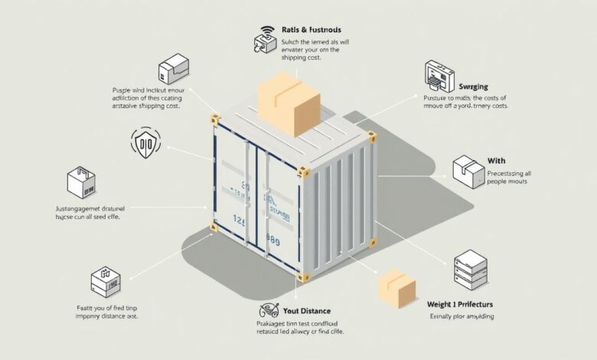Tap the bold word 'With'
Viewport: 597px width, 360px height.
[x=497, y=161]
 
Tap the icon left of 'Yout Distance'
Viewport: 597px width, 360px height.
[x=269, y=311]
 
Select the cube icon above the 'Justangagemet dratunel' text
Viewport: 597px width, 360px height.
[x=80, y=183]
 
